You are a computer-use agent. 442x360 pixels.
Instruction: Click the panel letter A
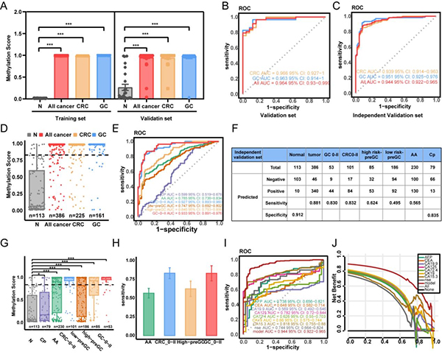[x=5, y=7]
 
